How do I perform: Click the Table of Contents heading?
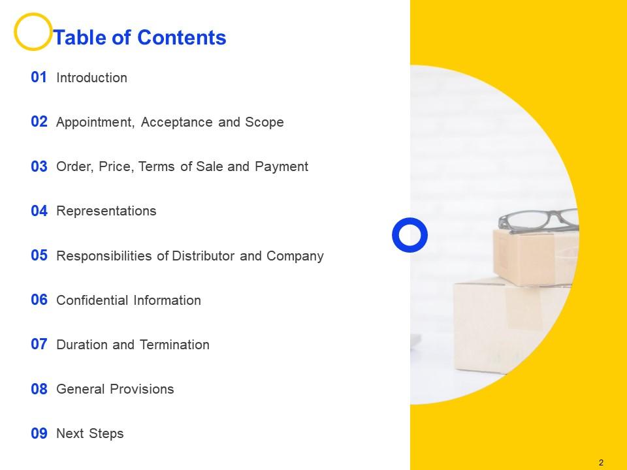pyautogui.click(x=140, y=38)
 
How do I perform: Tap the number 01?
pyautogui.click(x=39, y=78)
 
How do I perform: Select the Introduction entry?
pyautogui.click(x=92, y=78)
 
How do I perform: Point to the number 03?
pyautogui.click(x=39, y=167)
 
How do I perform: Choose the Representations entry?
pyautogui.click(x=106, y=211)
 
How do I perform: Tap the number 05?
pyautogui.click(x=39, y=256)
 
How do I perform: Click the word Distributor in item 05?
pyautogui.click(x=204, y=256)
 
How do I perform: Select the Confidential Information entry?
pyautogui.click(x=129, y=300)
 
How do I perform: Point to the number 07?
pyautogui.click(x=39, y=345)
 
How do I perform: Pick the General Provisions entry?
pyautogui.click(x=115, y=390)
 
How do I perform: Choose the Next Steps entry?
pyautogui.click(x=90, y=434)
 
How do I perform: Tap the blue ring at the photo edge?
pyautogui.click(x=410, y=234)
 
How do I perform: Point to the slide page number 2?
pyautogui.click(x=601, y=463)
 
